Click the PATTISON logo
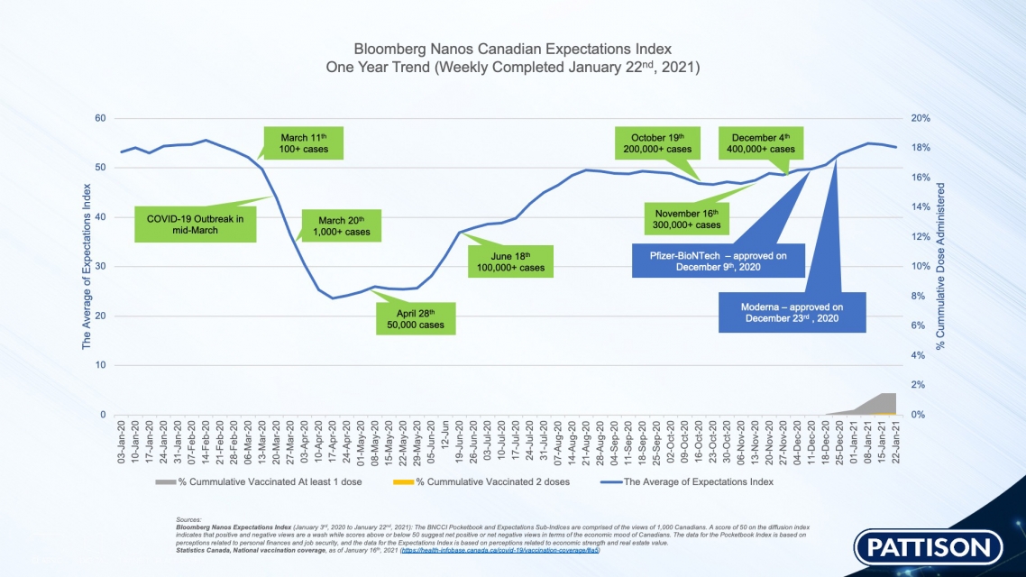pos(930,546)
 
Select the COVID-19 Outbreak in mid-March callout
pos(196,224)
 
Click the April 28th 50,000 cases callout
pos(415,318)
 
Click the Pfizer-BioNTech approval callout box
pos(718,262)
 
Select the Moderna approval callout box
pos(792,312)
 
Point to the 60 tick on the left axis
pos(100,118)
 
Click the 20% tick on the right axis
pos(921,118)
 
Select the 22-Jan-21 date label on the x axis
pos(896,443)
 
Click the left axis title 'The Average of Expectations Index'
pos(87,266)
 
